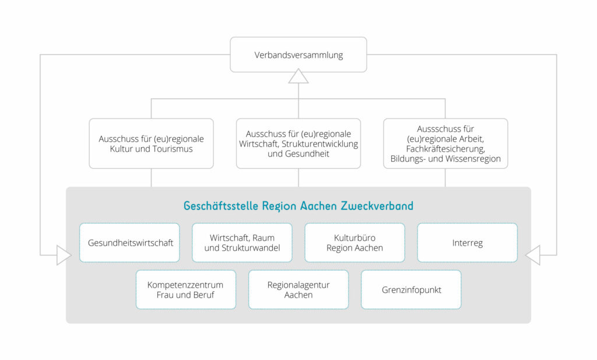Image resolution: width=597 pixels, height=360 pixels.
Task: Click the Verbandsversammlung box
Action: pyautogui.click(x=298, y=55)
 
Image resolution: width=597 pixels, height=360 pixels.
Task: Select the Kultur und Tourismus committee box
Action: pyautogui.click(x=151, y=144)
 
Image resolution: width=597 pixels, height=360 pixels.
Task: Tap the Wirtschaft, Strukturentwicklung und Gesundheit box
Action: pyautogui.click(x=298, y=144)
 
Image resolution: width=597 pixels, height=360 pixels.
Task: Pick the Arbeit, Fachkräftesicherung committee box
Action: pyautogui.click(x=445, y=144)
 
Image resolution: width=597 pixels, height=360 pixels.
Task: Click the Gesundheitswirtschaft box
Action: pyautogui.click(x=130, y=243)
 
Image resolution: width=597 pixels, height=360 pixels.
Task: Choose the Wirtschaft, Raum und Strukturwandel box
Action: pyautogui.click(x=242, y=243)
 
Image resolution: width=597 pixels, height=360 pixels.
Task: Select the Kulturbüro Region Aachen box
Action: pyautogui.click(x=354, y=243)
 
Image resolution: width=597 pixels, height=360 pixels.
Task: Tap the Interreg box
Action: pyautogui.click(x=467, y=243)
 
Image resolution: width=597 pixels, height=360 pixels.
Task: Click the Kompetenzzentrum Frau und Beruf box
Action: pyautogui.click(x=186, y=289)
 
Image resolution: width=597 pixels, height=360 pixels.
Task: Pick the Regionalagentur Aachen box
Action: pyautogui.click(x=298, y=289)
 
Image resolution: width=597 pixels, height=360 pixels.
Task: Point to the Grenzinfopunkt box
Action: pyautogui.click(x=411, y=289)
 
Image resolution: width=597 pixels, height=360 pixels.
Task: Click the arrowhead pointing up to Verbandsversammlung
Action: pyautogui.click(x=298, y=76)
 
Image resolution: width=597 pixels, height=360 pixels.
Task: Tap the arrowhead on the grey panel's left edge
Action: pyautogui.click(x=64, y=255)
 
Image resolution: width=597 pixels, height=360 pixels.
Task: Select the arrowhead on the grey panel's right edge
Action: pyautogui.click(x=533, y=255)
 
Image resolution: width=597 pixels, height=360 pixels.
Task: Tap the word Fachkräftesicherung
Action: pyautogui.click(x=445, y=149)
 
